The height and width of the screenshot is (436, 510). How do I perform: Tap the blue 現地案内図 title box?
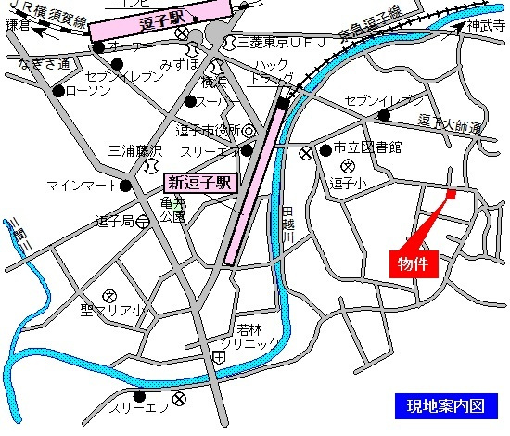click(445, 405)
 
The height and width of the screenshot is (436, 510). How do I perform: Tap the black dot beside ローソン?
click(58, 91)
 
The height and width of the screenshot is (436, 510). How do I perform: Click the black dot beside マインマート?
click(125, 185)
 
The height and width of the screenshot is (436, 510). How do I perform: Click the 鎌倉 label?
click(18, 26)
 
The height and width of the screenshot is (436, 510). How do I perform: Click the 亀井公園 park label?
click(172, 210)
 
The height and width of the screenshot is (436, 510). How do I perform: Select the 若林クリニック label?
click(249, 336)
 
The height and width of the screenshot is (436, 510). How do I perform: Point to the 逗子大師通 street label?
click(451, 123)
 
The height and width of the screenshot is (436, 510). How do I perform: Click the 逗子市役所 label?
click(208, 130)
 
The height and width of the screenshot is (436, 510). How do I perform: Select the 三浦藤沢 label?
click(135, 150)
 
